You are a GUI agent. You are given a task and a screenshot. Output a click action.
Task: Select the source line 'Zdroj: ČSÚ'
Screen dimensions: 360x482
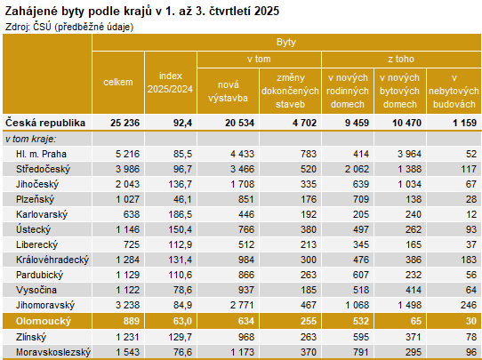(69, 27)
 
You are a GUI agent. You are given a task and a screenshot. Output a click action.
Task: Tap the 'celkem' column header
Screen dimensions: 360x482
(118, 83)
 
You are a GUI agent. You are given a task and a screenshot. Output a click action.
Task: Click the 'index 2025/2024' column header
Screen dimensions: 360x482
(169, 83)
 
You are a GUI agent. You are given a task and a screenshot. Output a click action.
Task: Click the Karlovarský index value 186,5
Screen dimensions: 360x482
(180, 214)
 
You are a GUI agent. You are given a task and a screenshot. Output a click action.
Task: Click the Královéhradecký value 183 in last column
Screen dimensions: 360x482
(468, 260)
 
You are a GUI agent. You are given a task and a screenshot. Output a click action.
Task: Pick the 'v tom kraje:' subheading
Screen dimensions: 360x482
(30, 139)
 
